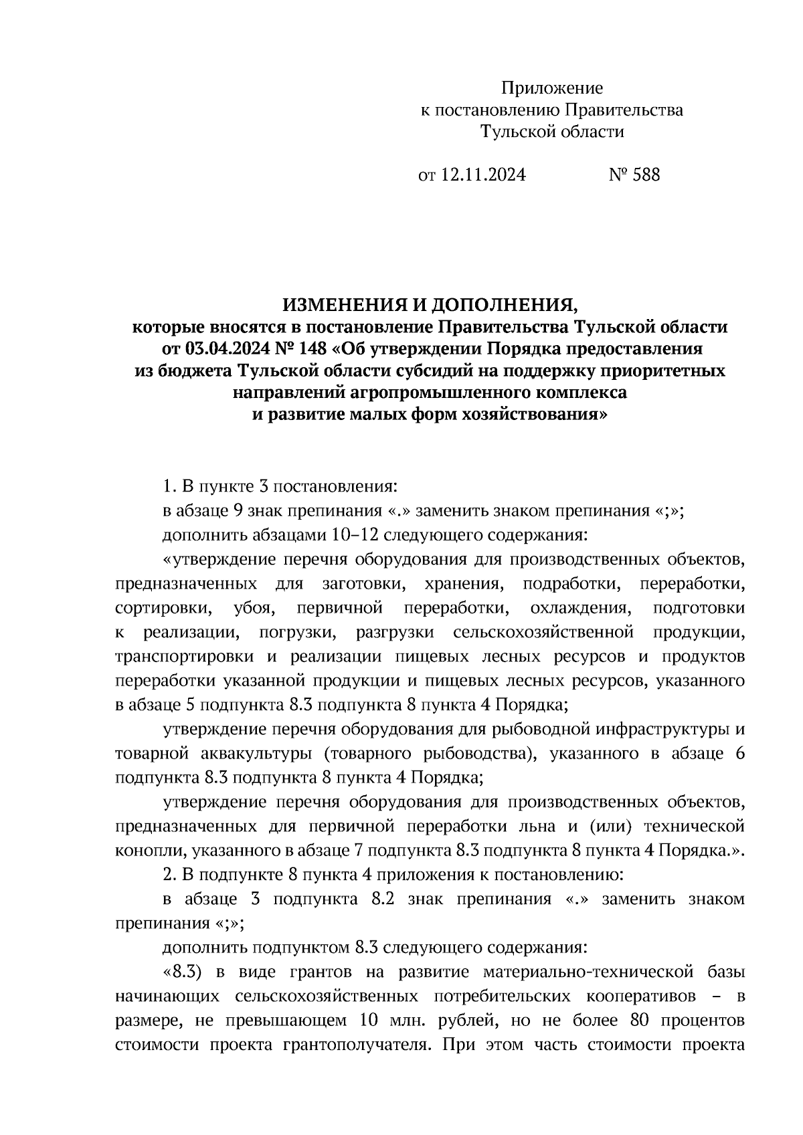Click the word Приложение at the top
[552, 88]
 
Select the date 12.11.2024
[483, 175]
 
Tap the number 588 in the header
[646, 175]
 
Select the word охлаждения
[581, 608]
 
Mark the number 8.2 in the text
[383, 899]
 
